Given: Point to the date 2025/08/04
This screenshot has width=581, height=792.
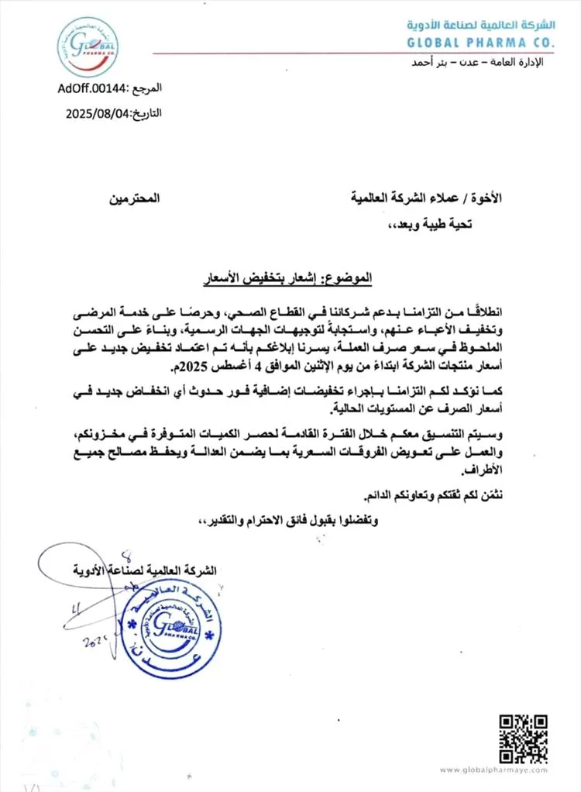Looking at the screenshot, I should (x=100, y=112).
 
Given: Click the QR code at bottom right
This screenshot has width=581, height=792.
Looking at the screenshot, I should (x=518, y=739).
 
